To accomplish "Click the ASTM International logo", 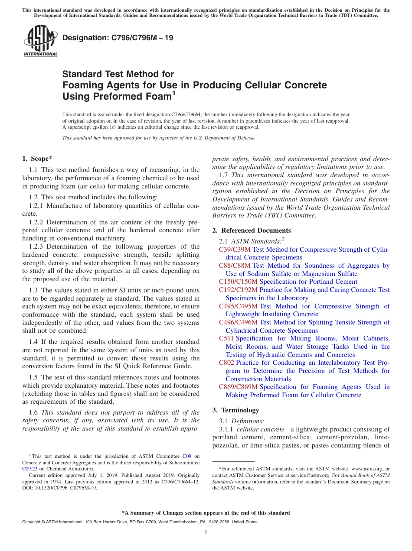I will (x=40, y=41).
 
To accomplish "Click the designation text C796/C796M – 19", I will (x=118, y=38).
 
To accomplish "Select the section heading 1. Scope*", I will (x=37, y=159).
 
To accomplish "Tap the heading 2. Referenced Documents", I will (x=252, y=230).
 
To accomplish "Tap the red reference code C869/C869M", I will (x=238, y=387).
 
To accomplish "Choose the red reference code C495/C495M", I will (x=238, y=306).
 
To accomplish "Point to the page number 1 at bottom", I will (x=206, y=532).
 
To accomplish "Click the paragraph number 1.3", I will (x=34, y=290).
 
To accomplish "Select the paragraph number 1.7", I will (x=224, y=175).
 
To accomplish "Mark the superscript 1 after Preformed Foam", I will (x=174, y=92).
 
